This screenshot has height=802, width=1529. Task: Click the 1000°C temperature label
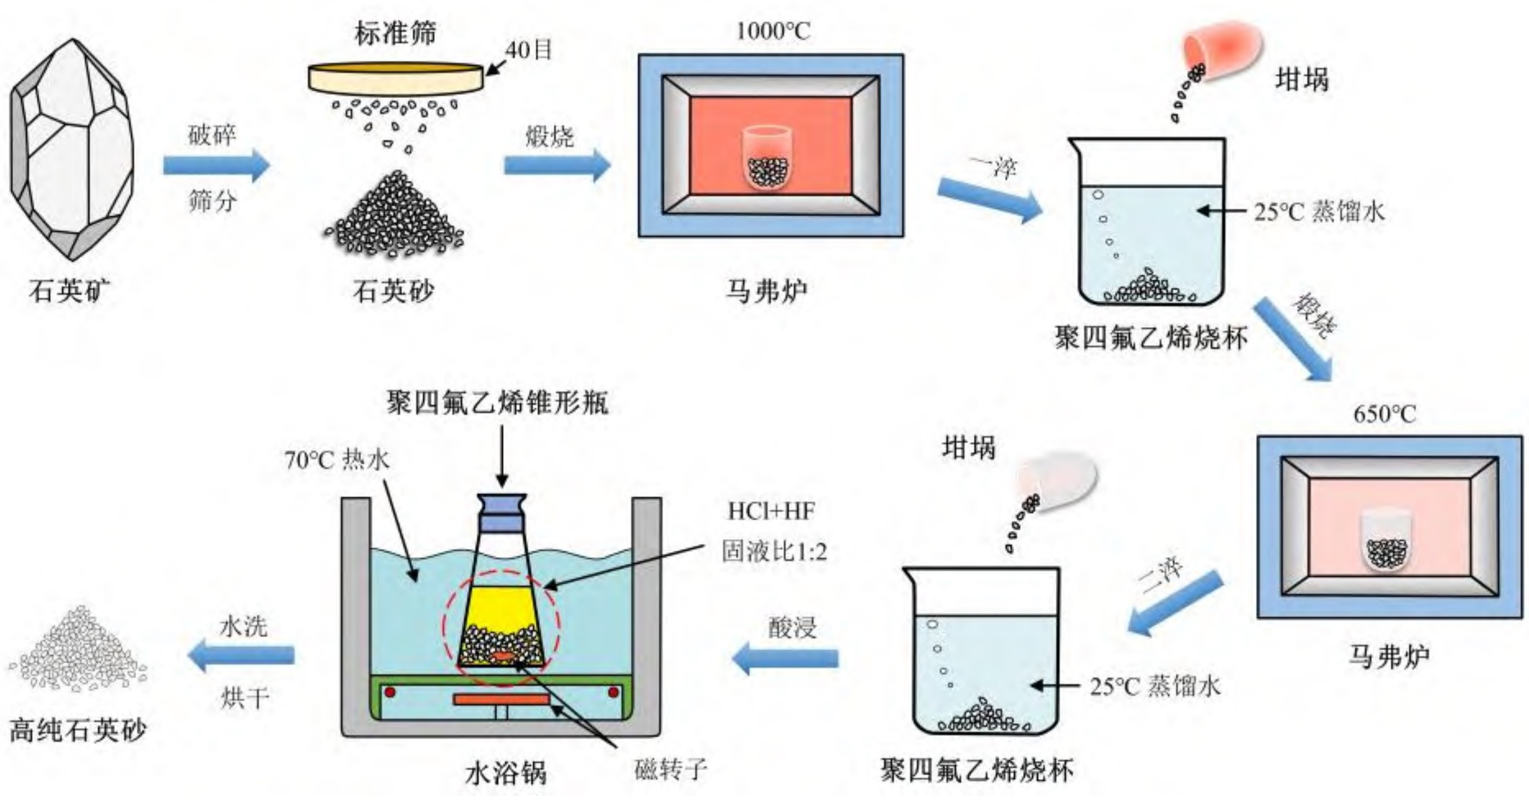tap(772, 31)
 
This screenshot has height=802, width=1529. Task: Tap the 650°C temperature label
tap(1384, 414)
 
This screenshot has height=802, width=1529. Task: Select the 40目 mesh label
tap(528, 50)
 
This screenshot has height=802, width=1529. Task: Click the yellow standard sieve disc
tap(395, 79)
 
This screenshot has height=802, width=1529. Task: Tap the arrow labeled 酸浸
tap(785, 658)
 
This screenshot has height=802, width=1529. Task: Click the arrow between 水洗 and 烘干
tap(241, 655)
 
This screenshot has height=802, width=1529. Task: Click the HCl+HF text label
tap(771, 511)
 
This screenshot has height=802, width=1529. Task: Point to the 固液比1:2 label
tap(773, 552)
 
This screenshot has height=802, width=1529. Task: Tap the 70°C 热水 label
tap(337, 459)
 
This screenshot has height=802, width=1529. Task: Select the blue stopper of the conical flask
tap(502, 512)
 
